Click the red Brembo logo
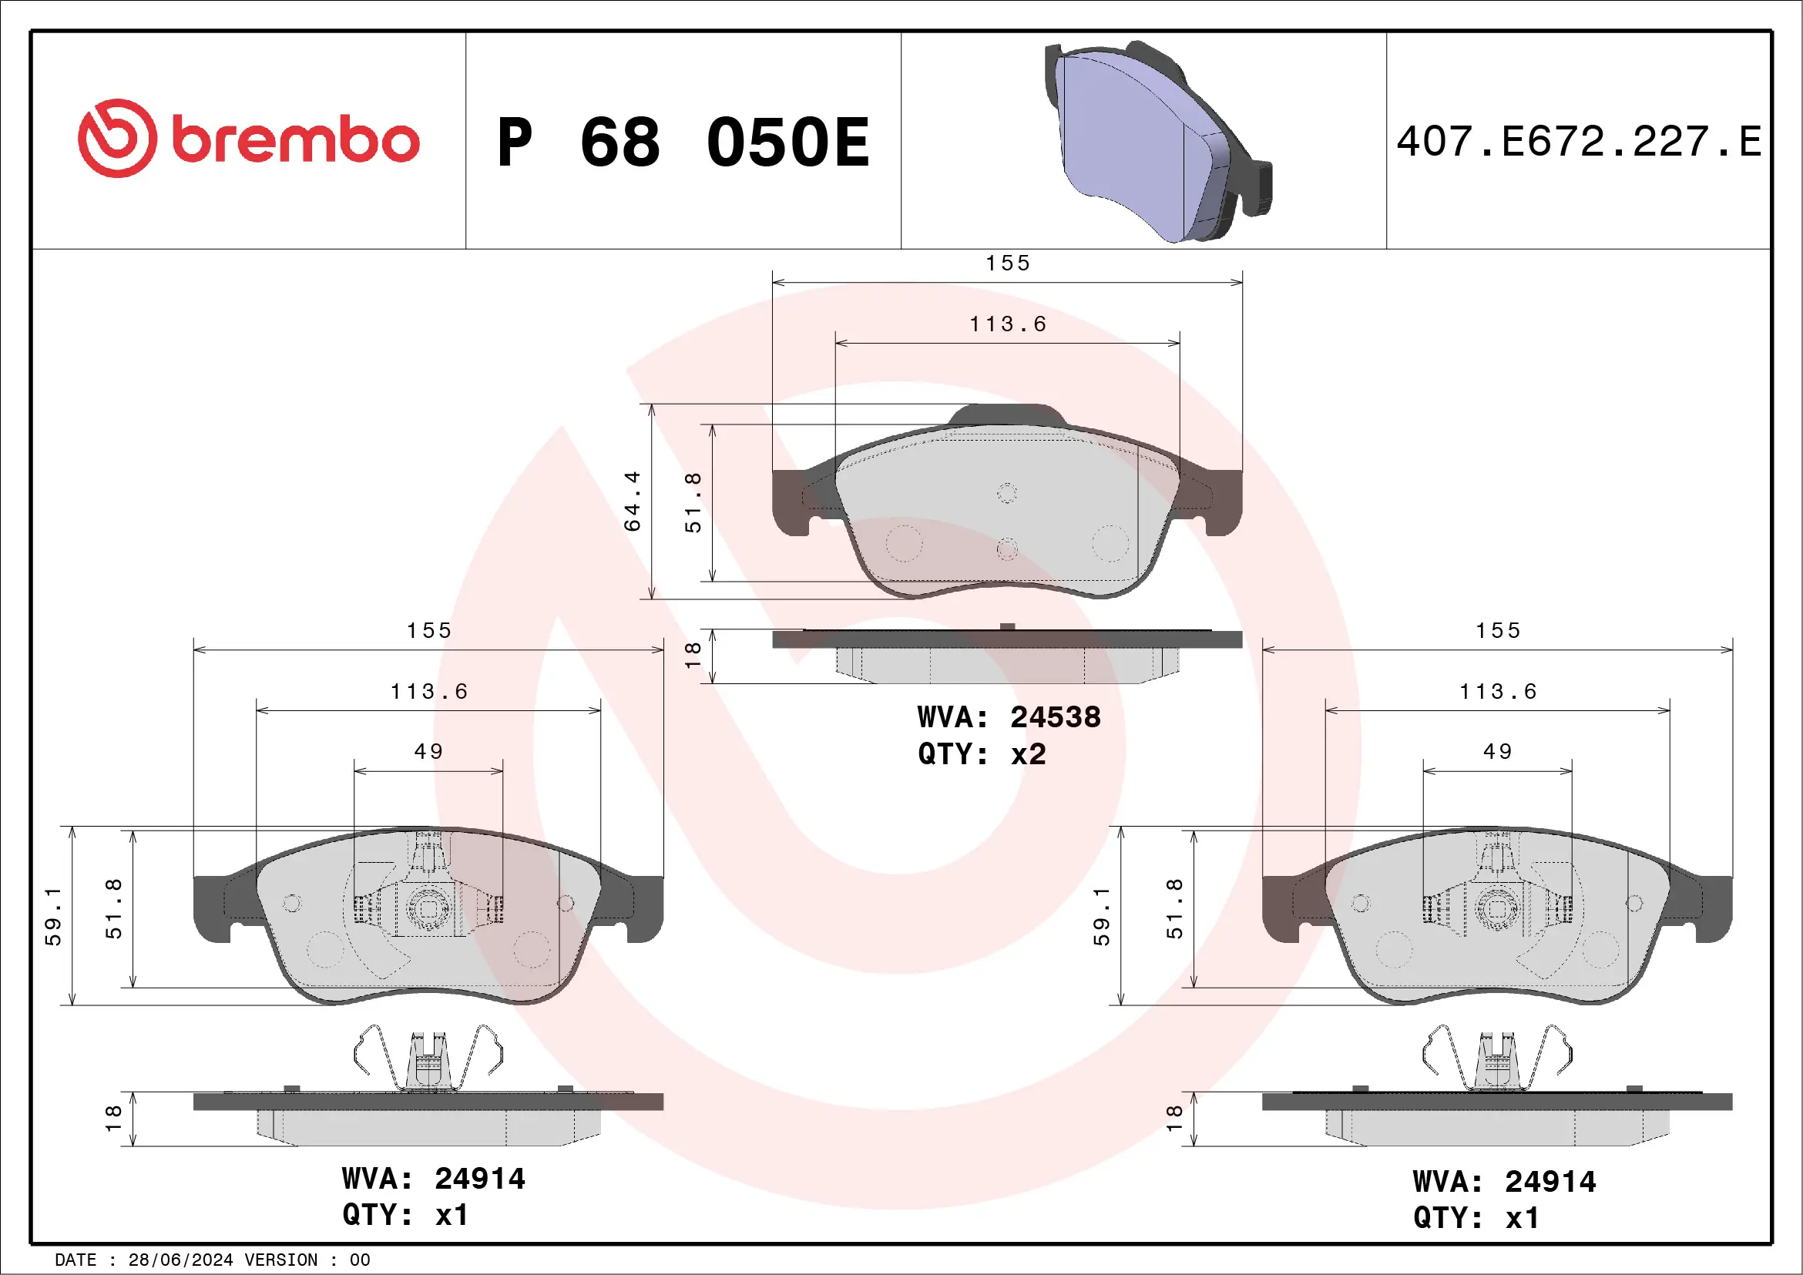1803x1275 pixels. pos(248,139)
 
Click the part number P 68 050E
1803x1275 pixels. pos(683,142)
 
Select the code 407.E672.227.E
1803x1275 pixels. pos(1579,142)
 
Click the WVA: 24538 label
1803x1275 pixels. pos(1009,716)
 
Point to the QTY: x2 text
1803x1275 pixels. pos(982,753)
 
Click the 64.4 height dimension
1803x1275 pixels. pos(632,502)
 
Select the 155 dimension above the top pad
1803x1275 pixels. pos(1008,263)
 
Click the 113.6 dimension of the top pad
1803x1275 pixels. pos(1008,324)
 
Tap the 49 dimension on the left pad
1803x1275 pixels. pos(428,751)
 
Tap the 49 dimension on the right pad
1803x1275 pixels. pos(1498,751)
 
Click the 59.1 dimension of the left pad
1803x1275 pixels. pos(52,916)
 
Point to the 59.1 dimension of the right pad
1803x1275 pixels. pos(1102,916)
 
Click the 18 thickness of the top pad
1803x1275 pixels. pos(693,655)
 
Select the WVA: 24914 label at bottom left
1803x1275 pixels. pos(434,1179)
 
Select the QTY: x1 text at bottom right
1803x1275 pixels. pos(1476,1218)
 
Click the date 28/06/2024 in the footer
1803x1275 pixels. pos(180,1260)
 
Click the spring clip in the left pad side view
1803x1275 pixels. pos(428,1059)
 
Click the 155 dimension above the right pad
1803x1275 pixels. pos(1498,630)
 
